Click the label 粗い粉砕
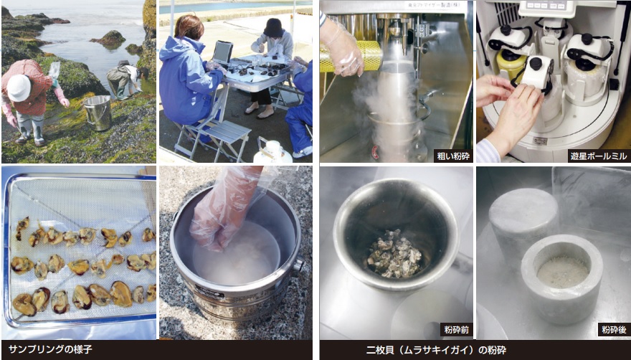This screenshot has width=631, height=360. click(453, 156)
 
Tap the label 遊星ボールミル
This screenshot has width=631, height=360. click(599, 156)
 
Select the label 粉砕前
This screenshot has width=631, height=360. click(456, 330)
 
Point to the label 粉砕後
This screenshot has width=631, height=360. click(614, 330)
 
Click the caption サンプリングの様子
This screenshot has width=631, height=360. click(50, 349)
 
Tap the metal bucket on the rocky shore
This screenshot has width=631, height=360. click(98, 113)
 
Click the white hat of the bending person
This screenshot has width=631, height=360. click(19, 87)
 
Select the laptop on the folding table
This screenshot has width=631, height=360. click(222, 53)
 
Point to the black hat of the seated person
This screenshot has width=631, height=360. click(274, 28)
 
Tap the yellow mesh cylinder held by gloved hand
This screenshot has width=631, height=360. click(352, 56)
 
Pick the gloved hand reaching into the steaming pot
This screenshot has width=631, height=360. click(225, 207)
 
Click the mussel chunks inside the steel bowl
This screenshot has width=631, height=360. click(394, 254)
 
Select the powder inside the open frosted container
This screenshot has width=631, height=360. click(563, 271)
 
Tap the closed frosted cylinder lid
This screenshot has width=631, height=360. click(523, 206)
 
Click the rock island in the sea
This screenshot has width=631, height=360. click(108, 38)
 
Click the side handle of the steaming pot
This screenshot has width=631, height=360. click(299, 264)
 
